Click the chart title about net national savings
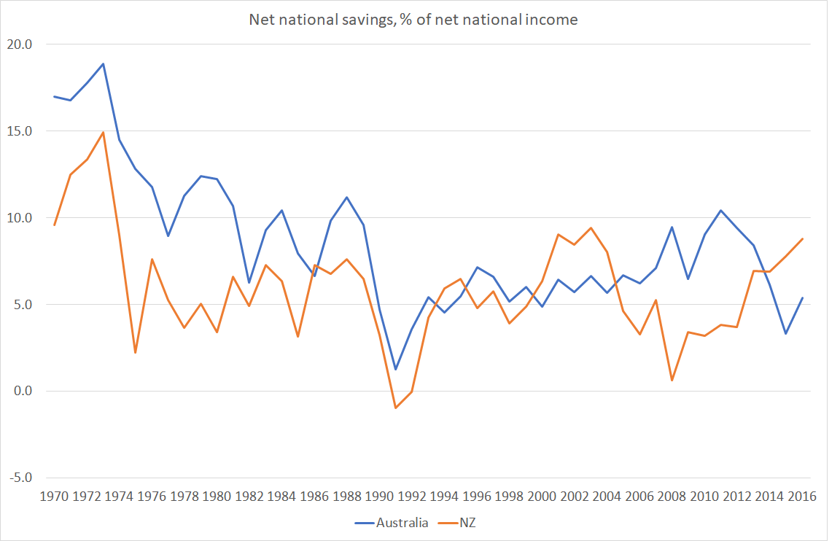click(x=413, y=20)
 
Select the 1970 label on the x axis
click(x=55, y=496)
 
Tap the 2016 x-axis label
click(x=802, y=496)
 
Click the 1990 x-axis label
click(x=379, y=496)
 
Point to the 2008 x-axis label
click(x=672, y=496)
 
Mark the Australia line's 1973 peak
click(x=103, y=63)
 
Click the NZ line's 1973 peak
click(x=103, y=132)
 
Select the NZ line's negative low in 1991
click(x=395, y=408)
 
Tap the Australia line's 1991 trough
click(x=395, y=369)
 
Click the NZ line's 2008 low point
click(x=672, y=381)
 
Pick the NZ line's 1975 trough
click(x=136, y=353)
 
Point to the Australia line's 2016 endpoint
click(x=802, y=297)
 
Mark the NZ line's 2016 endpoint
click(x=802, y=238)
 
